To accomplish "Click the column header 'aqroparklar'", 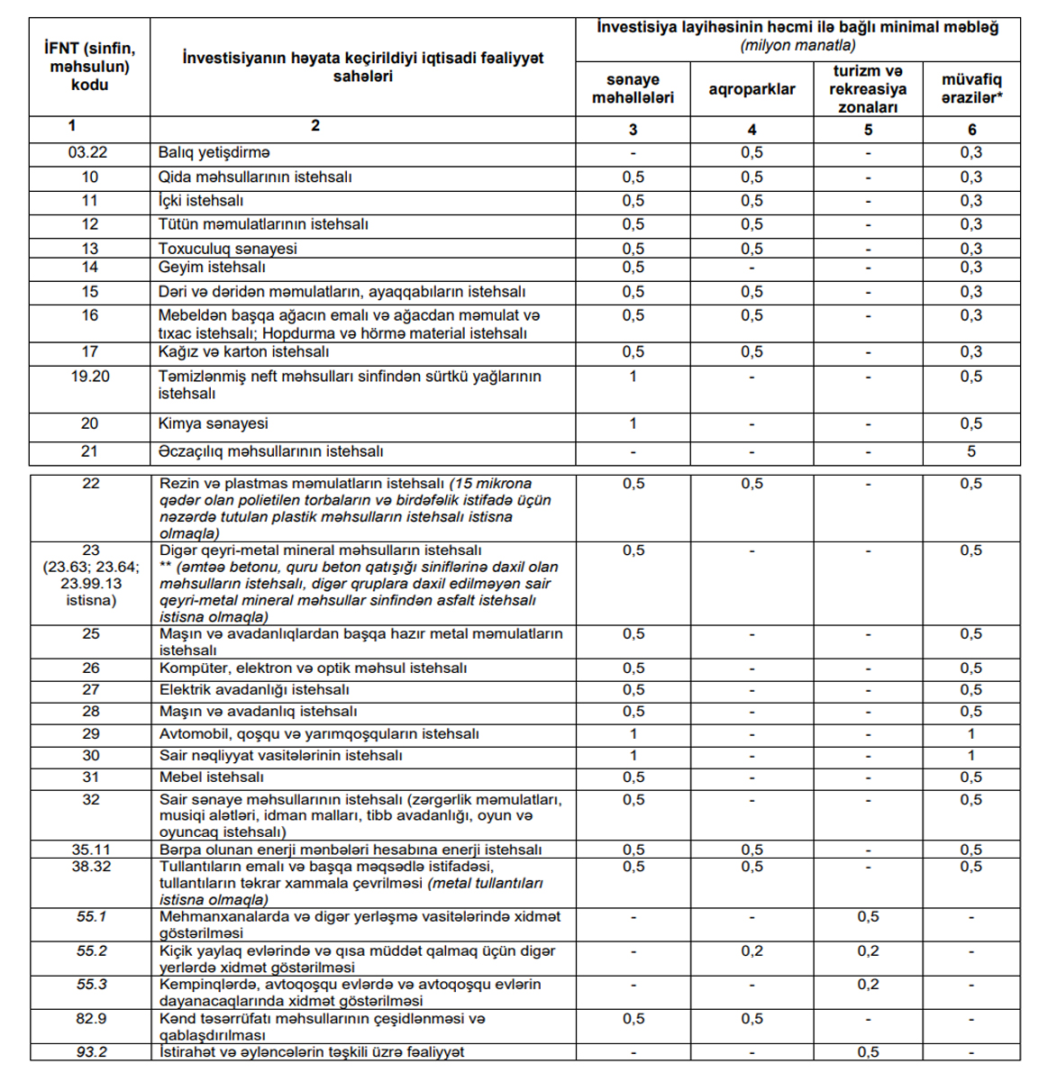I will [x=752, y=89].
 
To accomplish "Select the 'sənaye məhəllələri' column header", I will [x=633, y=88].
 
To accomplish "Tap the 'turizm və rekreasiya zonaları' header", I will [x=868, y=89].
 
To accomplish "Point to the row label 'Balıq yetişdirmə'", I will [x=214, y=153].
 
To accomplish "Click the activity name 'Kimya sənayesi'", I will [x=213, y=423].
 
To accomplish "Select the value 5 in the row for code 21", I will [x=971, y=451].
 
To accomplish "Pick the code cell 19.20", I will [x=90, y=377].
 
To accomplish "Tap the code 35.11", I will [x=91, y=850].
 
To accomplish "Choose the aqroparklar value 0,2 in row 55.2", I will [x=752, y=951].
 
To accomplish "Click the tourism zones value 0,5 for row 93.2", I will [x=868, y=1052].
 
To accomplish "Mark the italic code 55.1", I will [x=91, y=917].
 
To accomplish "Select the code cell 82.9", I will [x=91, y=1019].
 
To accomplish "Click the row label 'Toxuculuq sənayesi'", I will [x=227, y=249].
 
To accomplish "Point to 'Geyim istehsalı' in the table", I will [x=212, y=268].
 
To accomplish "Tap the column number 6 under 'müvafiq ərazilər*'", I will [x=971, y=130].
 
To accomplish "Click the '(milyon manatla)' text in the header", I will [x=797, y=46].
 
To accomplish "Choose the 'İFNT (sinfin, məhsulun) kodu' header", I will [x=89, y=67].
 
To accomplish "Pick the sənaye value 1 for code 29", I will [x=633, y=734].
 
